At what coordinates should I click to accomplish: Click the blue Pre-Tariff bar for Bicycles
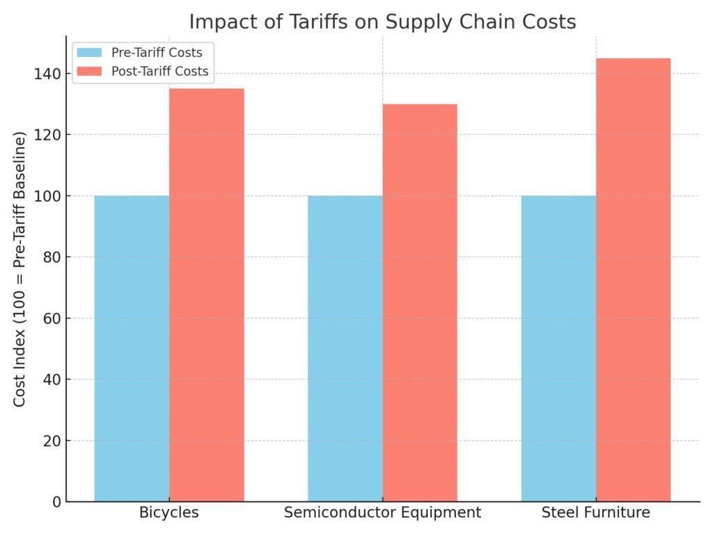(x=132, y=348)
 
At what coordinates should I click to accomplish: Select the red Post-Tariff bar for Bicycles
(x=207, y=295)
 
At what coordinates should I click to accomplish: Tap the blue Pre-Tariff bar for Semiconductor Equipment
(x=345, y=348)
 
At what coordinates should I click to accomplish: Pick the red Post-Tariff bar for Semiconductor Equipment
(x=420, y=302)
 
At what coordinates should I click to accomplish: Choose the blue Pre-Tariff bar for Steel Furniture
(x=558, y=348)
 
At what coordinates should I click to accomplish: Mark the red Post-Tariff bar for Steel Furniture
(x=634, y=280)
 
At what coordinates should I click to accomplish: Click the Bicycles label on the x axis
(x=169, y=513)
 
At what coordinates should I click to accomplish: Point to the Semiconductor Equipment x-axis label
(x=382, y=513)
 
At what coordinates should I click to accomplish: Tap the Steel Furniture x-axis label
(x=596, y=513)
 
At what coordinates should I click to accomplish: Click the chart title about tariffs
(x=382, y=22)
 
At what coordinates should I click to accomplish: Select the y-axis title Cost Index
(x=20, y=268)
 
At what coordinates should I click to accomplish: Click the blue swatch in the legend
(x=90, y=52)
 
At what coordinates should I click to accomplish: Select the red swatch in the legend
(x=90, y=71)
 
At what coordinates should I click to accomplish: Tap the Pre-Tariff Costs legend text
(x=157, y=52)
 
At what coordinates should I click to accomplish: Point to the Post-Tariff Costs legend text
(x=159, y=71)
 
